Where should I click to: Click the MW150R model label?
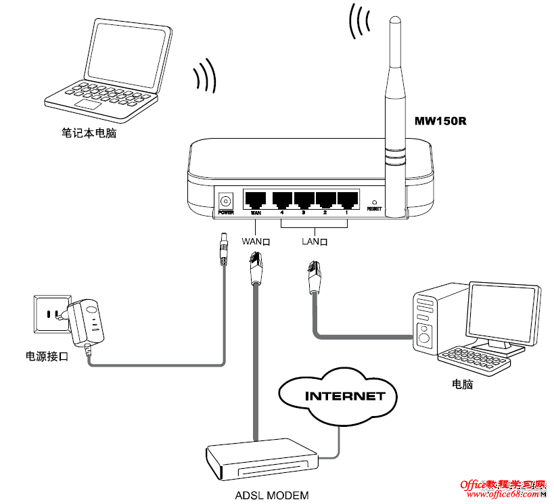point(441,122)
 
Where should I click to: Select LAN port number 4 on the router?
point(281,200)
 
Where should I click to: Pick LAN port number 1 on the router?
point(347,200)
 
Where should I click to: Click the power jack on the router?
point(226,200)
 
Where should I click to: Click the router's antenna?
point(394,101)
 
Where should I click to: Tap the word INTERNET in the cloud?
point(344,396)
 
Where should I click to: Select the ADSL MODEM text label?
point(271,495)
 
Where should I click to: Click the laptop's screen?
point(128,54)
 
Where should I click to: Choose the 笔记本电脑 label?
point(89,133)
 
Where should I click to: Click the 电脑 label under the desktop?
point(462,384)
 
